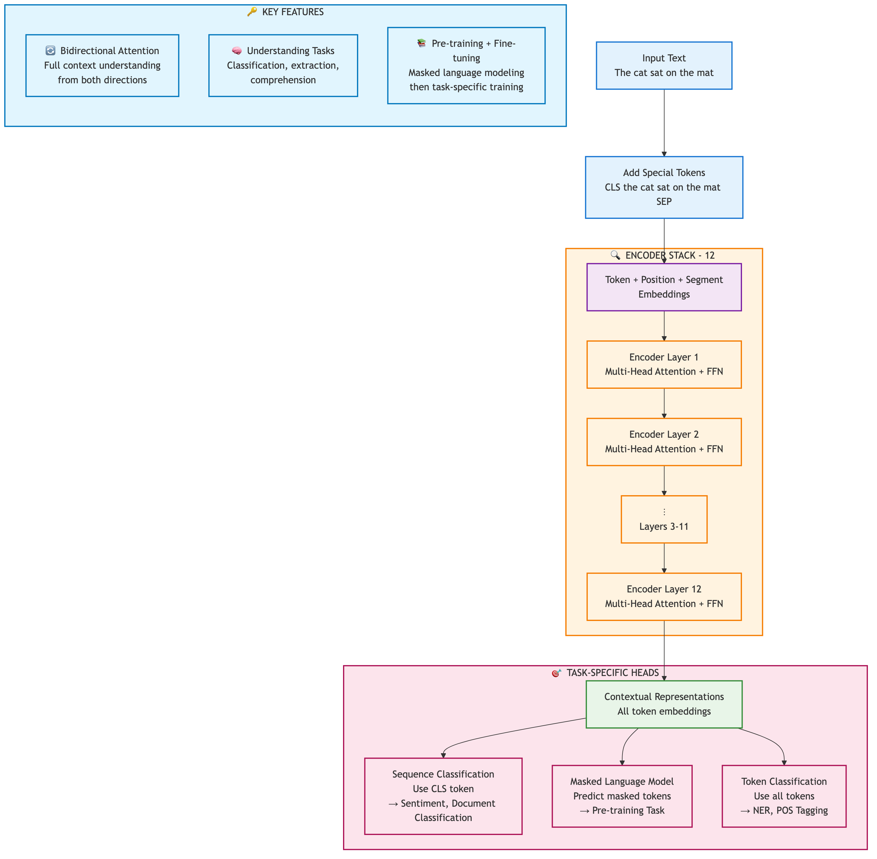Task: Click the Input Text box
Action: pos(664,65)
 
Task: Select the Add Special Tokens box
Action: pos(664,187)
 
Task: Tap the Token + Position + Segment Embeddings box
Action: pos(664,287)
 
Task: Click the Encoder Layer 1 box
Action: pos(664,364)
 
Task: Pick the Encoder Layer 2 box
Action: pos(664,442)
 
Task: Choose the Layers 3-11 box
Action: pos(664,519)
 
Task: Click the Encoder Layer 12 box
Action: pos(664,596)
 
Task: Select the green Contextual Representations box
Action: pos(664,704)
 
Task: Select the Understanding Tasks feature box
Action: pos(283,65)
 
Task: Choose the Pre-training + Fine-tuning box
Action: pos(466,65)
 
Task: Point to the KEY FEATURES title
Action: pos(293,12)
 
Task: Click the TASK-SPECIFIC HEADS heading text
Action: pos(612,673)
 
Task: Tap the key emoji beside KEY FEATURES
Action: pos(252,12)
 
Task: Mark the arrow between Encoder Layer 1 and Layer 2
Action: pos(664,403)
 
